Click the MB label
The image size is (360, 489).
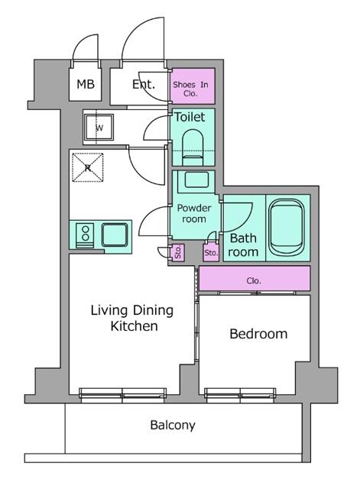coord(86,84)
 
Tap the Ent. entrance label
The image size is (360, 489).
coord(143,84)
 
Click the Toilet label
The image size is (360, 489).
coord(190,118)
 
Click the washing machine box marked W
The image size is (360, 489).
coord(99,128)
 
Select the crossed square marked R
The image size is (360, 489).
coord(88,167)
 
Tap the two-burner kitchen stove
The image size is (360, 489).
coord(85,234)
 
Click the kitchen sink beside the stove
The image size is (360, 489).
coord(115,233)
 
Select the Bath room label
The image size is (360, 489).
coord(243,244)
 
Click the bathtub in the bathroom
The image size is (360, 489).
coord(287,228)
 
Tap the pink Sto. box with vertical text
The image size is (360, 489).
coord(177,252)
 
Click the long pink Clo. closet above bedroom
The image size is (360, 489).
coord(255,280)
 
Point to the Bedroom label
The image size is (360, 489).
coord(258,334)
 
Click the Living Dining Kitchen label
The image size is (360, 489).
coord(131,318)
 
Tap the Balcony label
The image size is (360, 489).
coord(172,425)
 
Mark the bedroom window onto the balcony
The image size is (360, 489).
coord(240,393)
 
